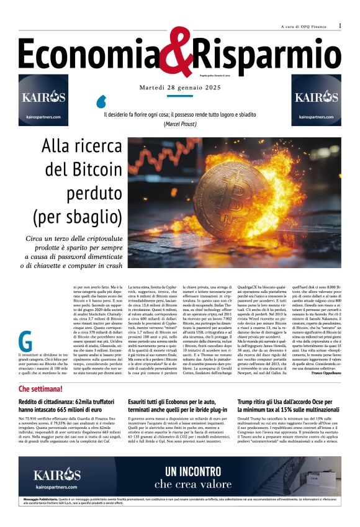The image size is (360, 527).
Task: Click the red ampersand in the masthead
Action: (179, 53)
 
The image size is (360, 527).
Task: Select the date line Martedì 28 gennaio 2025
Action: (179, 86)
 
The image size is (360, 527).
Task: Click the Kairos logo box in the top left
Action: (43, 100)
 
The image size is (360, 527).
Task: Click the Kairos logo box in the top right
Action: (317, 100)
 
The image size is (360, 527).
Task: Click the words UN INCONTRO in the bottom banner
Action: (193, 471)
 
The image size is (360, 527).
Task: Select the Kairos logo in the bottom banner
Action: (57, 476)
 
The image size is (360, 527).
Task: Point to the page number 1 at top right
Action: (340, 25)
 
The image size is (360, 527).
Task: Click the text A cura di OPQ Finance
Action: (303, 26)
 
